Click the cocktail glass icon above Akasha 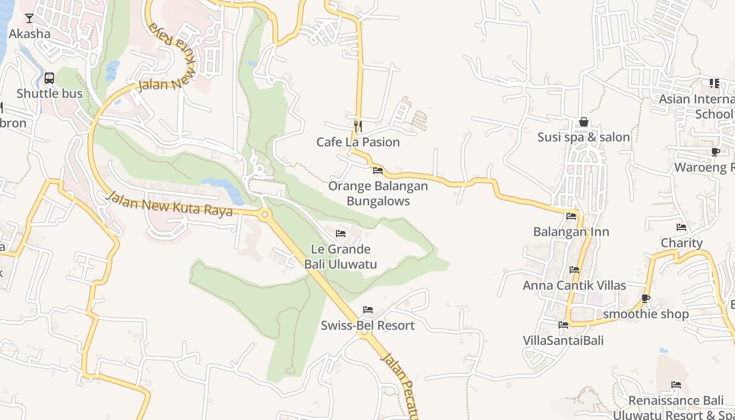click(29, 18)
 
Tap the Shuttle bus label click(49, 93)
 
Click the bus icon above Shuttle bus click(49, 78)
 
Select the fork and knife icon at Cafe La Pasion click(358, 126)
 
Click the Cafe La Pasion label click(358, 142)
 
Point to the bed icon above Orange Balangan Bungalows click(378, 170)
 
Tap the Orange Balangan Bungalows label click(378, 193)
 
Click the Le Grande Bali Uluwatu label click(341, 257)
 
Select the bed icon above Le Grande click(341, 234)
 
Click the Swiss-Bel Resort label click(367, 325)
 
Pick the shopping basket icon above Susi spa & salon click(583, 122)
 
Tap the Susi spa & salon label click(583, 137)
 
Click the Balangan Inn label click(571, 232)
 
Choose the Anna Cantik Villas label click(574, 285)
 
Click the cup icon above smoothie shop click(646, 298)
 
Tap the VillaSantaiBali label click(563, 340)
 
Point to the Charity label click(681, 243)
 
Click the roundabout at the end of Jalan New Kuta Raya click(265, 214)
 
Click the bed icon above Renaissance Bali click(676, 385)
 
